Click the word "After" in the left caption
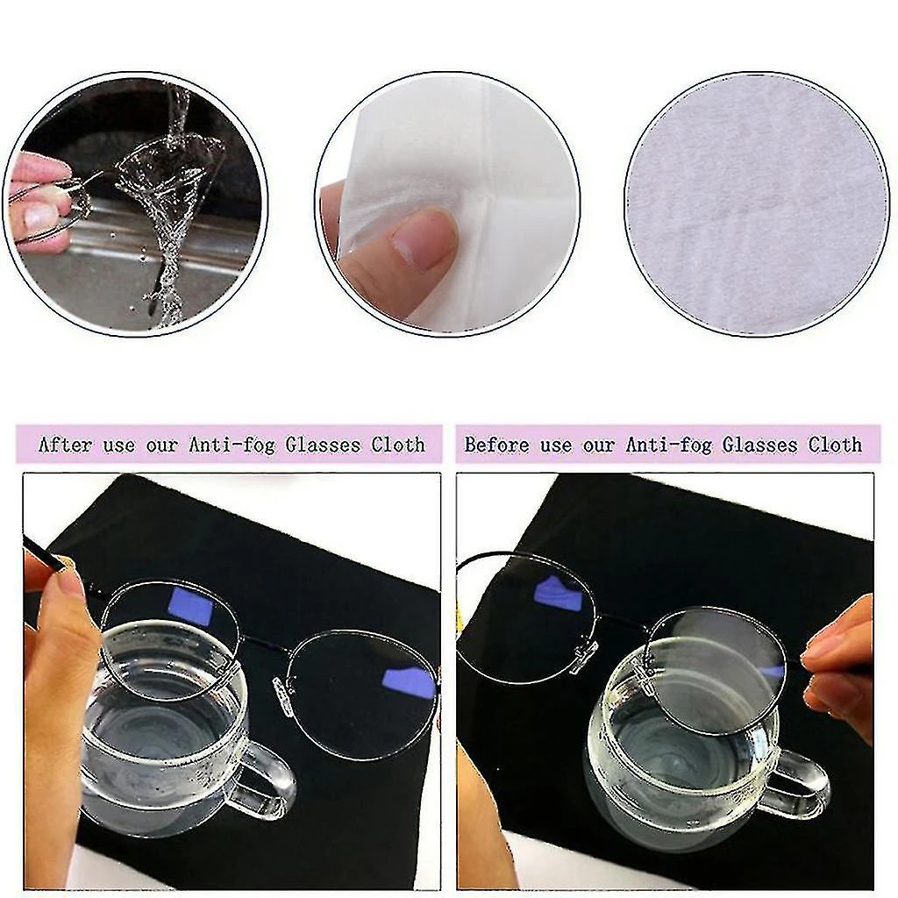coord(65,445)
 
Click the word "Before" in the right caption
coord(496,445)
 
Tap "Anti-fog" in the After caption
coord(232,445)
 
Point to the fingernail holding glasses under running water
coord(40,216)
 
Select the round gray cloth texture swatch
coord(757,203)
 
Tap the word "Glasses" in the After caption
coord(323,445)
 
